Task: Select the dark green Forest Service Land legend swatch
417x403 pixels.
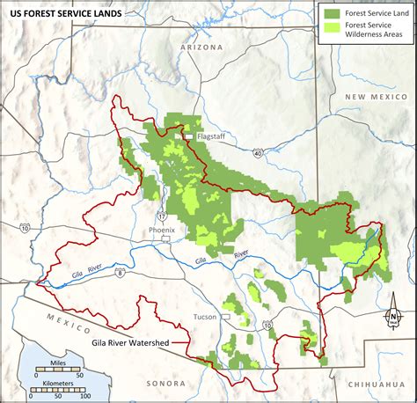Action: [x=331, y=13]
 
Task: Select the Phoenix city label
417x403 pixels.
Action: [x=162, y=230]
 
